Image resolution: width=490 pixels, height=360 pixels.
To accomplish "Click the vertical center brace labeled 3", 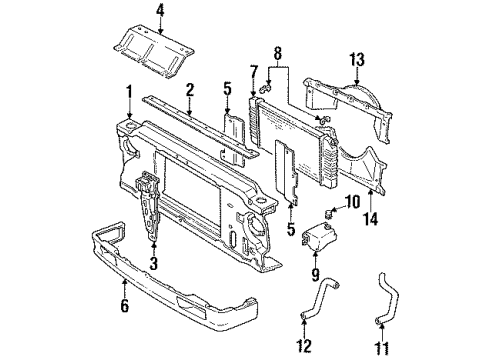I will click(149, 205).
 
